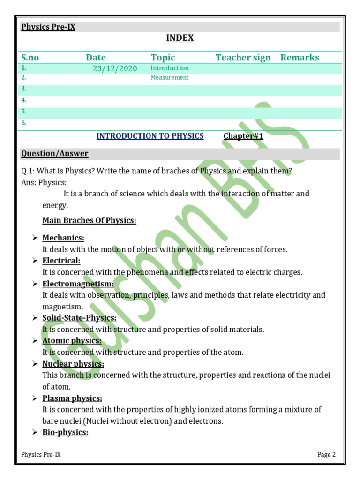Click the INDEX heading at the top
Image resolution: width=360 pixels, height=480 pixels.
[180, 38]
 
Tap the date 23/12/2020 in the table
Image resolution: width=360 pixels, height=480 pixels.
[115, 69]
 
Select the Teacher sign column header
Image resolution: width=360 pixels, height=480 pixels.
[243, 58]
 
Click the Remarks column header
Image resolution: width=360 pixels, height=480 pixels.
[300, 58]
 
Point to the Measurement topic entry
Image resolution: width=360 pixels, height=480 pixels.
[169, 78]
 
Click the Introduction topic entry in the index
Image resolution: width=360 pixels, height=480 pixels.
[169, 68]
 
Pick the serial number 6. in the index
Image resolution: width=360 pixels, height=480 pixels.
[24, 123]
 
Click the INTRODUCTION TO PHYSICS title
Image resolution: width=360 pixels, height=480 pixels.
[150, 136]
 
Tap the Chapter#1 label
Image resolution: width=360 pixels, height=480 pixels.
[243, 136]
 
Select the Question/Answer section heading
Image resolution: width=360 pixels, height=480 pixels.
[55, 154]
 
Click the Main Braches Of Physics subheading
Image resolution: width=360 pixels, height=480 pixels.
[89, 220]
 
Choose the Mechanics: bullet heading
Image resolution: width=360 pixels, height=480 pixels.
[63, 238]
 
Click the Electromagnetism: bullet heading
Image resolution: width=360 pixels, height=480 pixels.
[78, 284]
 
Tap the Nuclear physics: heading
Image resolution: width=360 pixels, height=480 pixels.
[73, 364]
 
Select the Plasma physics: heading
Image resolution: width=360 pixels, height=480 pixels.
[72, 398]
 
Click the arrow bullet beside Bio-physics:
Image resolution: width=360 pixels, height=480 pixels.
[35, 433]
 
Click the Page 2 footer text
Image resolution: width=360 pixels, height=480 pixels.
[327, 455]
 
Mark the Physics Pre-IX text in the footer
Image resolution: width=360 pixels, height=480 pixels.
[41, 455]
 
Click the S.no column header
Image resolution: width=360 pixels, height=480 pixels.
[30, 58]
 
